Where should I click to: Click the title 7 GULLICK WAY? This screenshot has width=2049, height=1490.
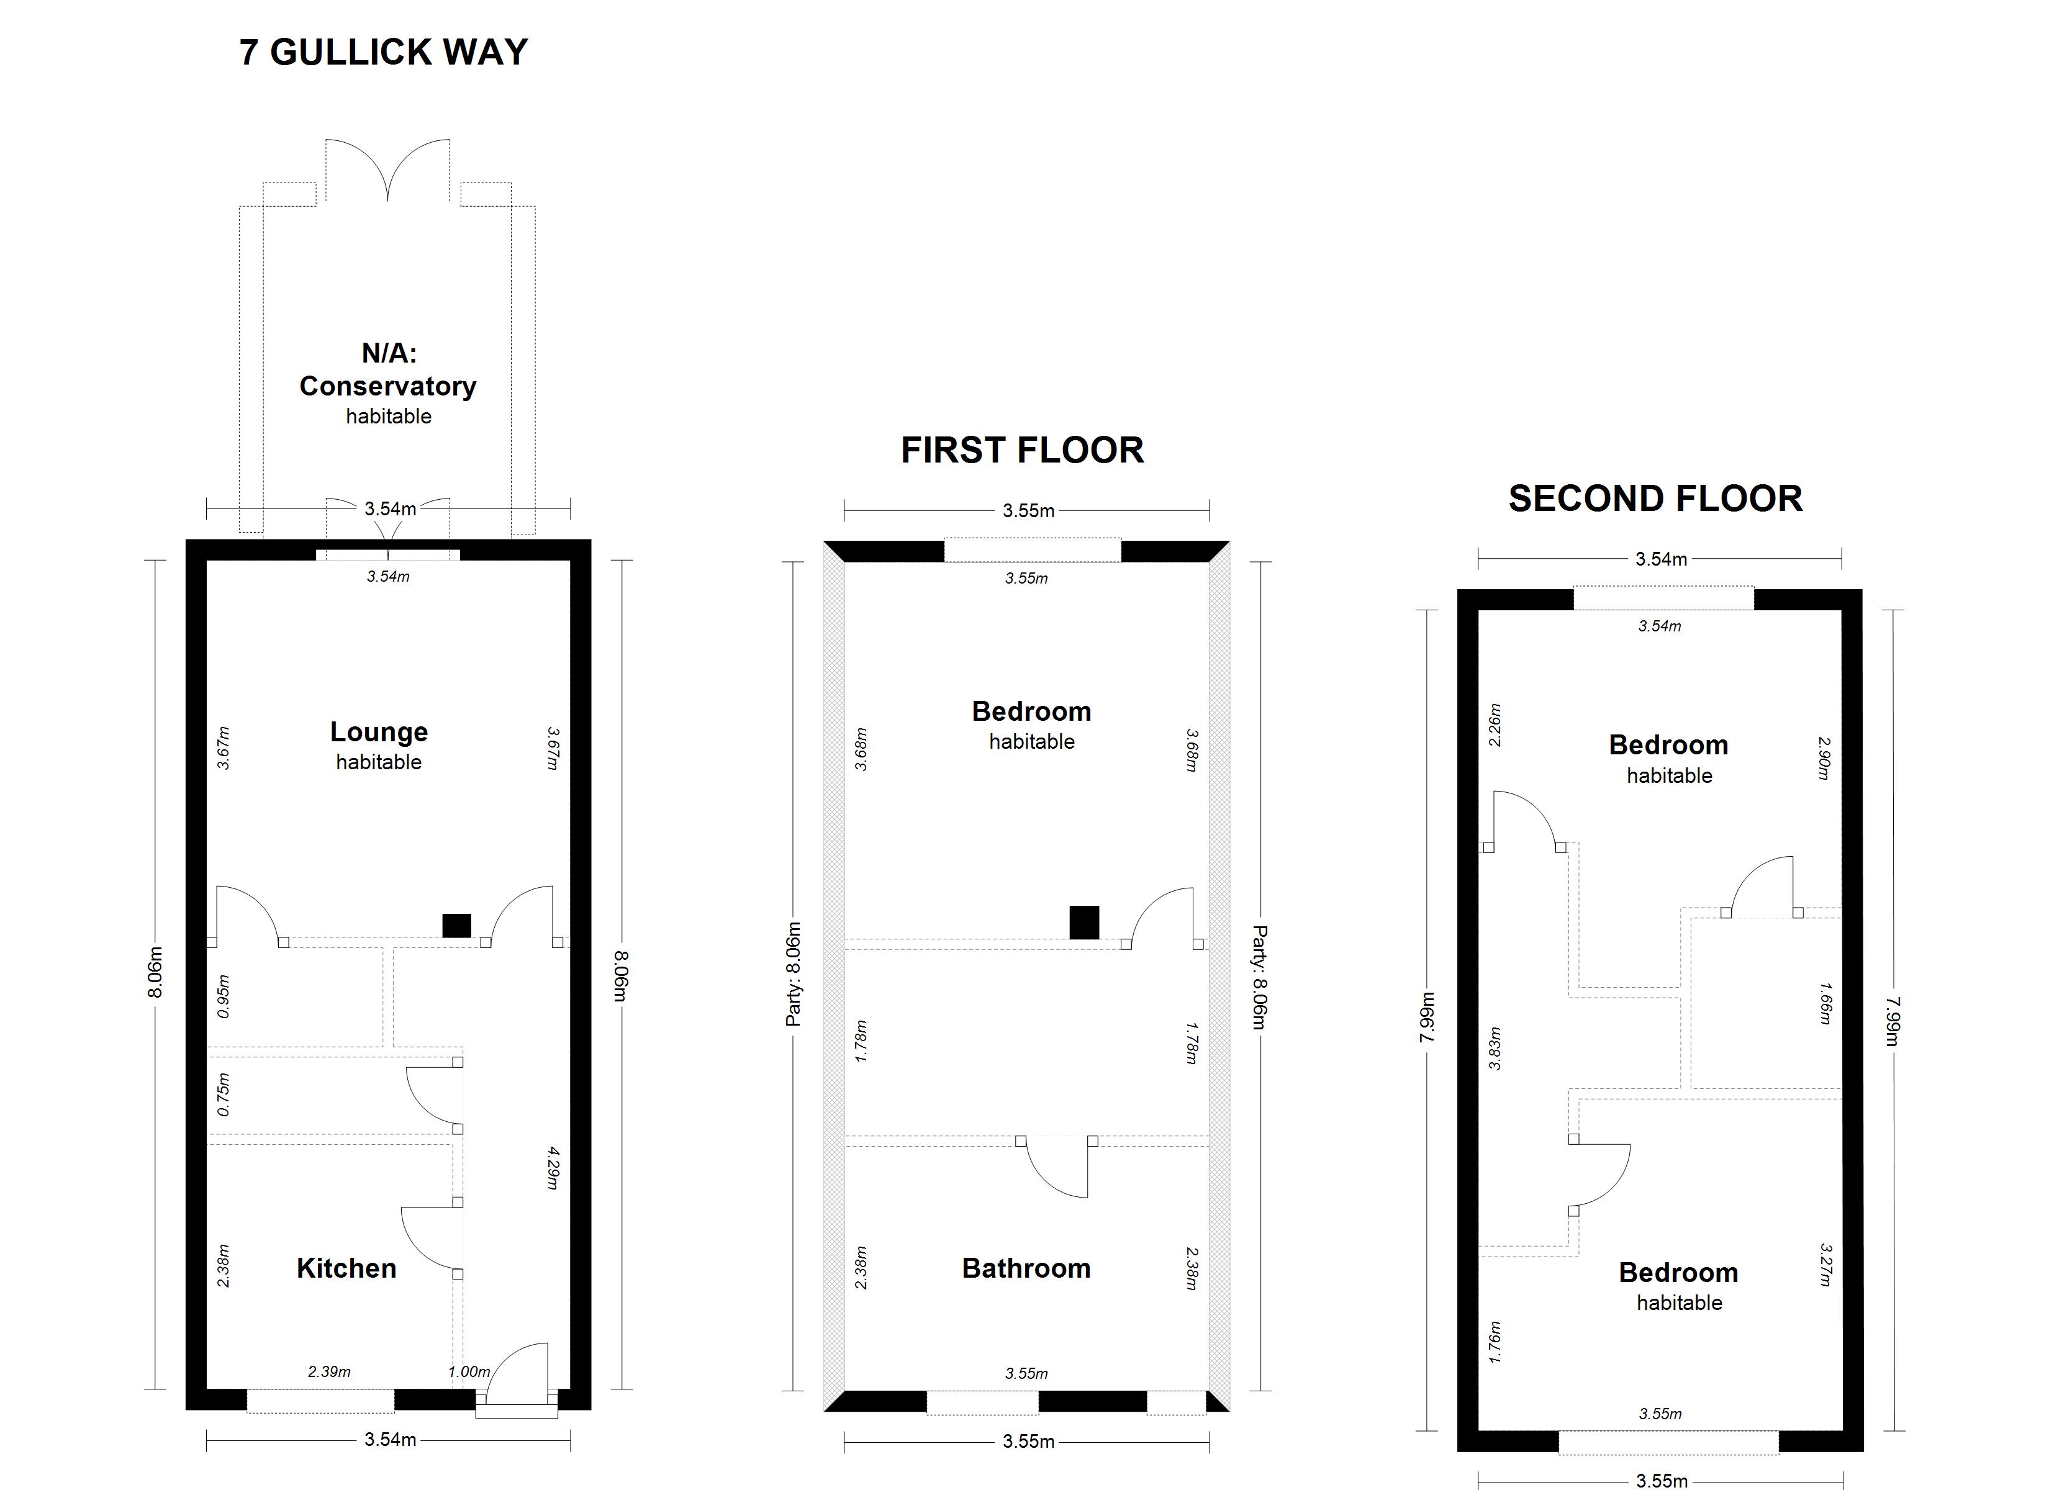point(384,52)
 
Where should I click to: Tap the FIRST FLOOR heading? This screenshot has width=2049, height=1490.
point(1023,450)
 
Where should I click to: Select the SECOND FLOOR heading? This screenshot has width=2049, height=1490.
point(1656,499)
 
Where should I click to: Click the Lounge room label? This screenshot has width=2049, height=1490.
point(379,731)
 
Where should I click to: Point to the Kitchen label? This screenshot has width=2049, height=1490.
point(347,1268)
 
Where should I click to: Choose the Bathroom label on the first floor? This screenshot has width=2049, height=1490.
point(1026,1268)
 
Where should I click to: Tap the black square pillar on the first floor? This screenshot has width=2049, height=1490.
point(1084,923)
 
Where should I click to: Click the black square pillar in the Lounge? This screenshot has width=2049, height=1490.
point(456,926)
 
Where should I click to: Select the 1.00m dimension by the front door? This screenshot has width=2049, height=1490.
point(469,1371)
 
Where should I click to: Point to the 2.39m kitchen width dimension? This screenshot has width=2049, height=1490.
point(329,1371)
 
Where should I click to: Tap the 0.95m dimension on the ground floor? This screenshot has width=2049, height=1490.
point(224,996)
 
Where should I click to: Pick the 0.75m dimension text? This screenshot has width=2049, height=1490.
point(224,1095)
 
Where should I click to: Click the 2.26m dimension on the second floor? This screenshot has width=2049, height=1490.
point(1495,725)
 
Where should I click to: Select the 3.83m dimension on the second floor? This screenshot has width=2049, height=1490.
point(1495,1048)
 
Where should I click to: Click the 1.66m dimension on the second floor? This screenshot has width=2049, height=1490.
point(1825,1003)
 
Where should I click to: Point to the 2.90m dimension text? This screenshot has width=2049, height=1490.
point(1825,758)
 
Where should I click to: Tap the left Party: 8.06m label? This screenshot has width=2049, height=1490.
point(794,974)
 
